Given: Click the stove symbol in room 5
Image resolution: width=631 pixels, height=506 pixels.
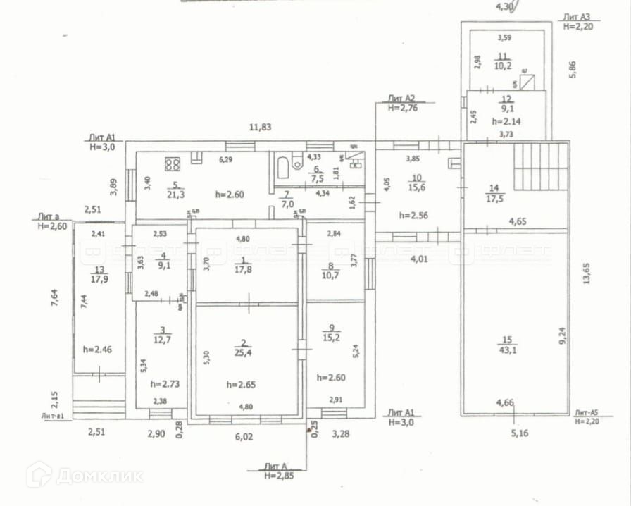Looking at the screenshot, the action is tap(173, 164).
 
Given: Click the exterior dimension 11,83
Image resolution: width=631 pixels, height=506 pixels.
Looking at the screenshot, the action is tap(261, 128).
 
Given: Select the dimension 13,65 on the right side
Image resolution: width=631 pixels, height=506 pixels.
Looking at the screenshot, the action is tap(587, 272).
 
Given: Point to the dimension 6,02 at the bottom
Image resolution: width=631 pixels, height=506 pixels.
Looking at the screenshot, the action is tap(244, 436).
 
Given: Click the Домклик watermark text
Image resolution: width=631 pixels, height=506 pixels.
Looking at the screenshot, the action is tap(99, 476).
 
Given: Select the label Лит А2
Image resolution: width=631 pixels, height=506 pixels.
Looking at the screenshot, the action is tap(402, 98).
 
